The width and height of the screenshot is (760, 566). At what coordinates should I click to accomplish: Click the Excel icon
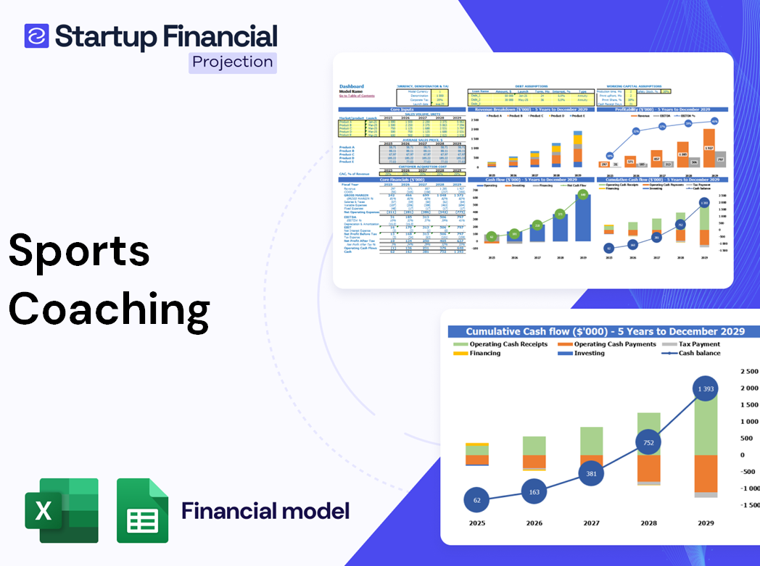[x=62, y=510]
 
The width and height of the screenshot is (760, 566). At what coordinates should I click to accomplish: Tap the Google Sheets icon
[x=142, y=510]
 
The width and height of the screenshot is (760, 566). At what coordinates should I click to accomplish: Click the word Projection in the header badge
[x=233, y=62]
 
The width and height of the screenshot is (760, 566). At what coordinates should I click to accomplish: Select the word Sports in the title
[x=79, y=251]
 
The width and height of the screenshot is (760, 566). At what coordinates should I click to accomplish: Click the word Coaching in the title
[x=109, y=309]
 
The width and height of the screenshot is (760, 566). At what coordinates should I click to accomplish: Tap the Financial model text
[x=265, y=511]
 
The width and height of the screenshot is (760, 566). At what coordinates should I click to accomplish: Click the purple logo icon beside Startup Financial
[x=36, y=36]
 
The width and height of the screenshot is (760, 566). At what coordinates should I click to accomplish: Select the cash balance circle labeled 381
[x=591, y=473]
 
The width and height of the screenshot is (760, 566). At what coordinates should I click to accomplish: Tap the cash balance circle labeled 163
[x=534, y=491]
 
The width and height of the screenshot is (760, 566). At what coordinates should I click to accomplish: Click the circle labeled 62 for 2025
[x=477, y=499]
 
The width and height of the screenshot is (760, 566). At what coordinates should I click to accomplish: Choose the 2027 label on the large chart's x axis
[x=591, y=523]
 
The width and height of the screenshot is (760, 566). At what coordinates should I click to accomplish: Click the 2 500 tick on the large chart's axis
[x=748, y=371]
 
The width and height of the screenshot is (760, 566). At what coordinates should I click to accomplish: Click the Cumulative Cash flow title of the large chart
[x=605, y=331]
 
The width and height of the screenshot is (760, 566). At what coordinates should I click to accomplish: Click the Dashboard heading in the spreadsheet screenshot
[x=352, y=86]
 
